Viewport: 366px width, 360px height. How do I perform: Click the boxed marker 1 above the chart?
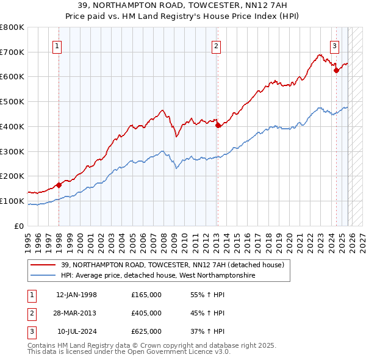coord(57,45)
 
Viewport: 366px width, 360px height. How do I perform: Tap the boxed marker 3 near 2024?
coord(335,45)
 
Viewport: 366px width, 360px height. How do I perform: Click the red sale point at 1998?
coord(59,185)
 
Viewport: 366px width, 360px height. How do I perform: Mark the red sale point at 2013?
coord(218,126)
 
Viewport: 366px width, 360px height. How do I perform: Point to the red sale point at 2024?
coord(335,71)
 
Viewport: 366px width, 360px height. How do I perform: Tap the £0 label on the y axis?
coord(18,226)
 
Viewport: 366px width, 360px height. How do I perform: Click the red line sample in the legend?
coord(43,265)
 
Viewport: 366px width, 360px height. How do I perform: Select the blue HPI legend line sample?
coord(43,276)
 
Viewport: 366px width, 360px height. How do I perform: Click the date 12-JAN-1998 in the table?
coord(76,295)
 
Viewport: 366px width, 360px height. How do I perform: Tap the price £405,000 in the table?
coord(146,313)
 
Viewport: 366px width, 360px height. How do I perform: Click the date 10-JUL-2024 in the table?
coord(76,331)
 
